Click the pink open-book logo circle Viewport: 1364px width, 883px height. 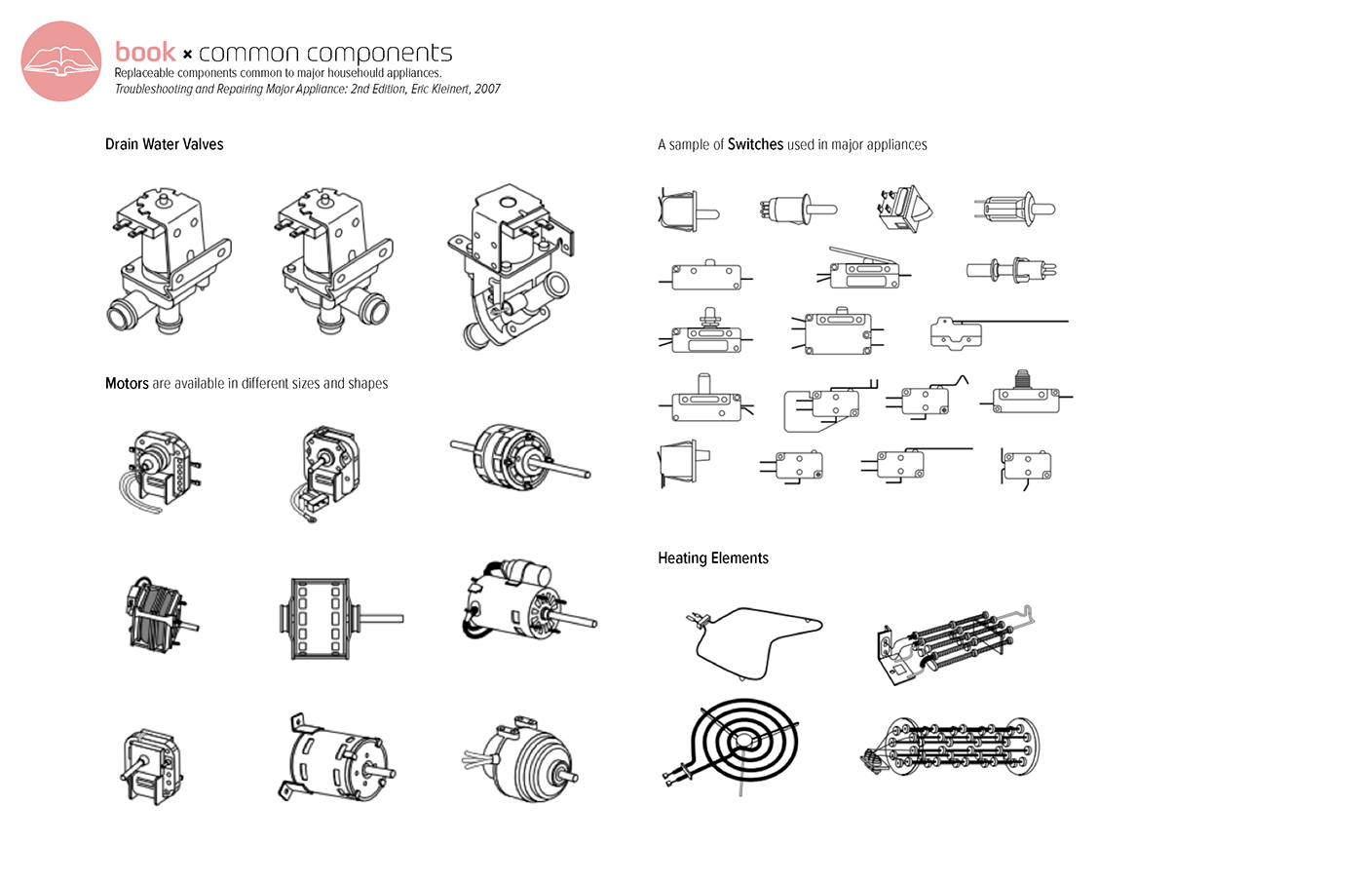(x=61, y=61)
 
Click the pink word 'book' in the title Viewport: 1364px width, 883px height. (x=145, y=52)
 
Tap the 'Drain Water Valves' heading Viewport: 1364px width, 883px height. (x=164, y=144)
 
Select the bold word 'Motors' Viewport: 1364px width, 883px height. (x=127, y=383)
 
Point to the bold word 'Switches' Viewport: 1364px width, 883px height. (x=755, y=144)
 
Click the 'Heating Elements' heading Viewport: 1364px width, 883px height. (x=712, y=557)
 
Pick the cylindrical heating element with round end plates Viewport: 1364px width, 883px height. (x=954, y=747)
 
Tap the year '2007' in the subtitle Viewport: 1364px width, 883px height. (x=487, y=89)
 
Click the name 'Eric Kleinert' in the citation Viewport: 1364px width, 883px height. (x=439, y=89)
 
